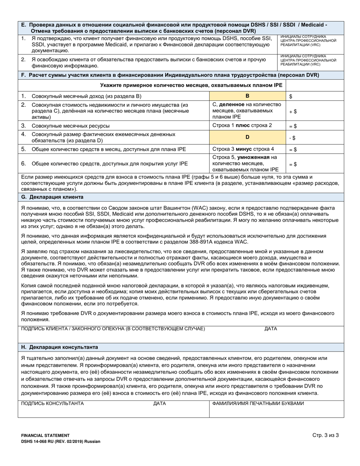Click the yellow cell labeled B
[x=247, y=96]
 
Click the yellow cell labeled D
[x=247, y=137]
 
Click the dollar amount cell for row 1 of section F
[x=315, y=96]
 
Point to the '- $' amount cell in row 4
[x=315, y=137]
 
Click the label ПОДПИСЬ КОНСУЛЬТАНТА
[x=52, y=403]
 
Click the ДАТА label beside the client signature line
[x=271, y=329]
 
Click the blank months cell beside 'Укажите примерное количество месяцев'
[x=315, y=85]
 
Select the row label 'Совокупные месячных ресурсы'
[x=71, y=125]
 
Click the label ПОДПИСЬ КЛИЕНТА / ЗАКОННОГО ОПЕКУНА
[x=113, y=329]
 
